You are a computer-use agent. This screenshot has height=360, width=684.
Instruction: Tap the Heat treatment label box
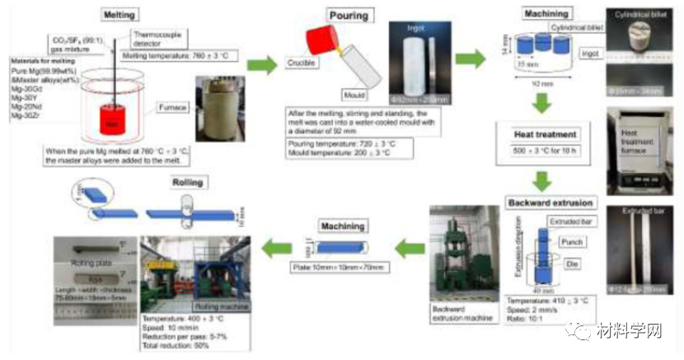coord(540,133)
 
